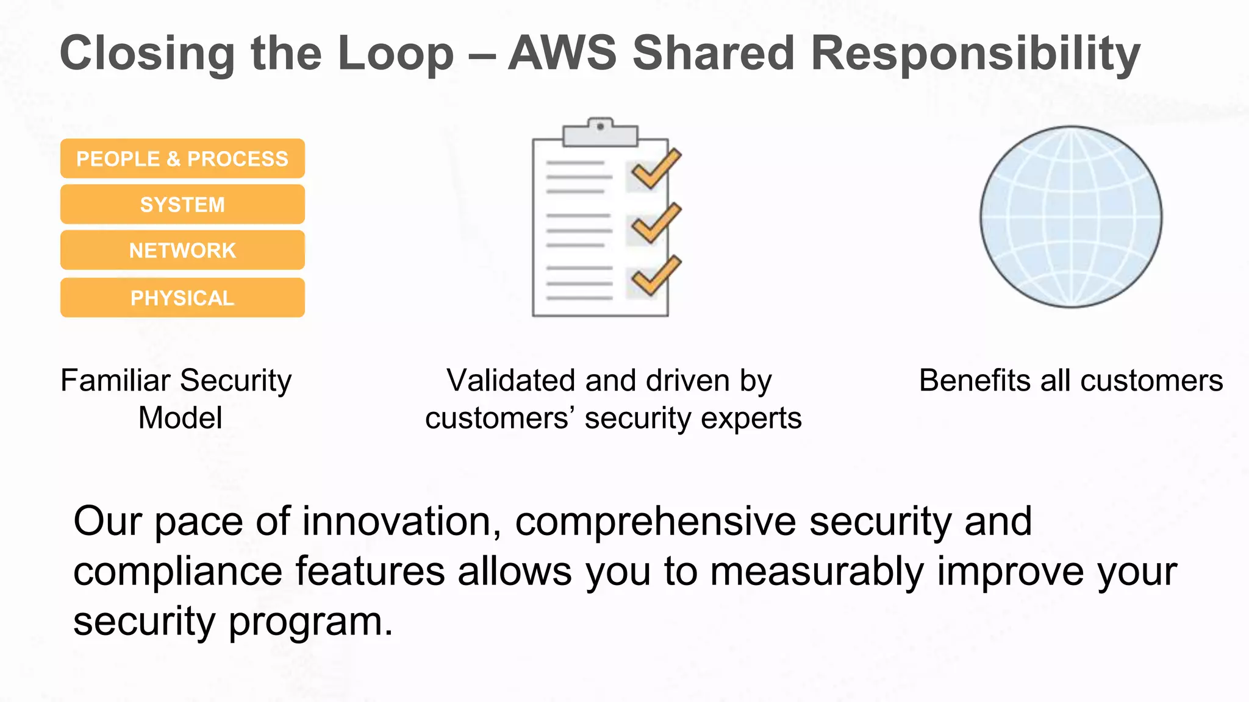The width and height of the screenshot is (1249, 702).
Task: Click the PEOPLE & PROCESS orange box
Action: click(182, 158)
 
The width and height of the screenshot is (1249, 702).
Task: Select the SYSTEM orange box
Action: click(182, 204)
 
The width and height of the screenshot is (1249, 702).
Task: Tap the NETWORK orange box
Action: click(182, 250)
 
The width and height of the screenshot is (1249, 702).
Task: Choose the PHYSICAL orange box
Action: click(182, 298)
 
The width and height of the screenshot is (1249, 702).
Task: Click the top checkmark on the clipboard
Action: click(655, 169)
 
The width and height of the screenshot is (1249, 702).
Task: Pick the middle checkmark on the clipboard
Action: click(655, 224)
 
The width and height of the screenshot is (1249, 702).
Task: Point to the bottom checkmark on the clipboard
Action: click(655, 276)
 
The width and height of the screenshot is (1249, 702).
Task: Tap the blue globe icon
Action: click(1071, 217)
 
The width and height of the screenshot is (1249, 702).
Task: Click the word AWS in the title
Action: click(562, 53)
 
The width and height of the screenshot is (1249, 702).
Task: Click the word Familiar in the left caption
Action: click(115, 380)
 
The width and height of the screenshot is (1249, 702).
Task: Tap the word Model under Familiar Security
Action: click(180, 418)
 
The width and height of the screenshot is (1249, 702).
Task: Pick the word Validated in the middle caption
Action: click(511, 380)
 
